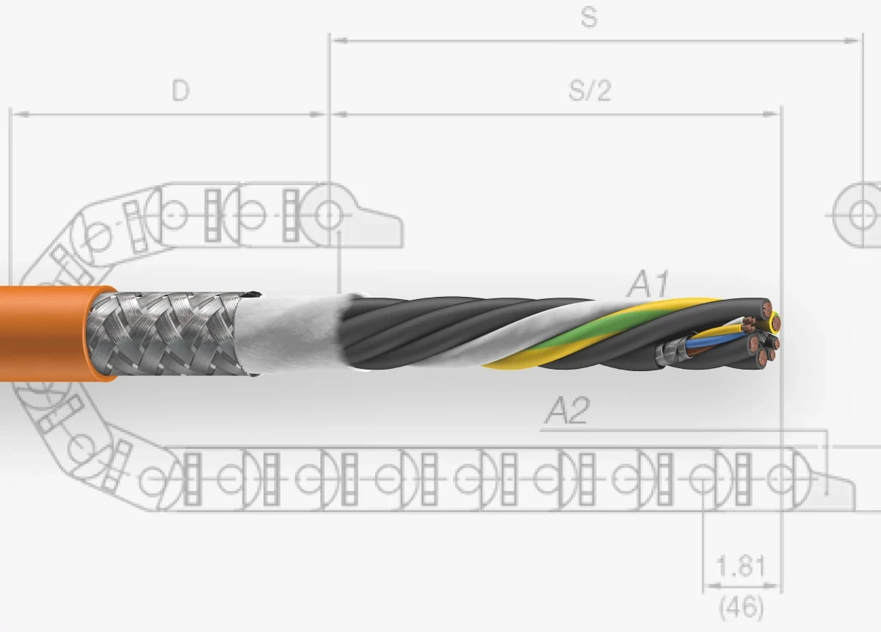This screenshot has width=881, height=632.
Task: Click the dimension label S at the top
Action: point(589,18)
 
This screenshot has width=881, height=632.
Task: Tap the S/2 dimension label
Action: point(590,90)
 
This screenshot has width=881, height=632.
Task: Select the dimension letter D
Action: point(180,90)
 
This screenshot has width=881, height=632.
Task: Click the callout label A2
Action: point(566,412)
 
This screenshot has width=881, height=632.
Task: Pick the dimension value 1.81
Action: point(741,567)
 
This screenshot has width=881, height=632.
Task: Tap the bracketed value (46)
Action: point(741,608)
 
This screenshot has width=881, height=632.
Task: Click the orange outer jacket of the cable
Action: point(44,331)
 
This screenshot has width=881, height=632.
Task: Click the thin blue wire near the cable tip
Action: point(705,341)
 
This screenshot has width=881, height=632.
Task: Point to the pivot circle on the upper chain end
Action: point(328,215)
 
